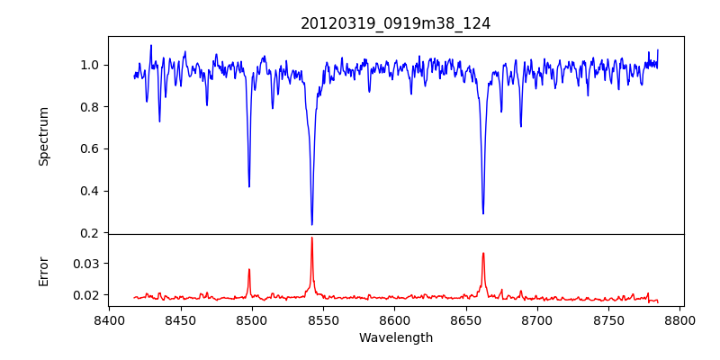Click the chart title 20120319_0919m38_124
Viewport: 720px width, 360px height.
coord(395,24)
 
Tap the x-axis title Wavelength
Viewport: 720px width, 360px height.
coord(395,337)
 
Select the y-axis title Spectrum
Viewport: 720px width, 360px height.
coord(43,136)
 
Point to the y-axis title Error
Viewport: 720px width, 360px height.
coord(43,270)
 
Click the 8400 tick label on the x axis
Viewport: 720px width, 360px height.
coord(109,320)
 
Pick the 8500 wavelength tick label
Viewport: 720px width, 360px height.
coord(252,320)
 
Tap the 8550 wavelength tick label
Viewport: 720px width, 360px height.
coord(323,320)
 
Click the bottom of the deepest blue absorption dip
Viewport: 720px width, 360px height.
coord(311,224)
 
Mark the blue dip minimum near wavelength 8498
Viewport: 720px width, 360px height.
coord(249,186)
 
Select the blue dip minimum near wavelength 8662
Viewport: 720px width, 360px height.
coord(483,213)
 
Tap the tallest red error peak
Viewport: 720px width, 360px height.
coord(311,238)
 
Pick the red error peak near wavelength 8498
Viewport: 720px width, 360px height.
coord(249,269)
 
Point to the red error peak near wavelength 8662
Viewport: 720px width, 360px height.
coord(483,253)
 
